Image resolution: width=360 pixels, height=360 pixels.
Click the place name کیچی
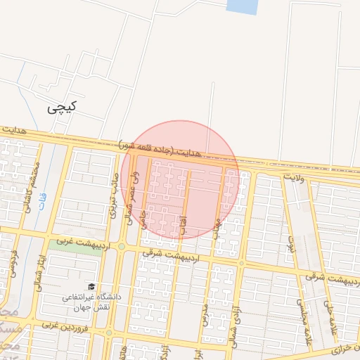[x=62, y=108]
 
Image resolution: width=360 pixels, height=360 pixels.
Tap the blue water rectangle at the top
[x=242, y=6]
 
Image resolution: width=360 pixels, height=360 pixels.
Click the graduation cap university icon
[x=91, y=287]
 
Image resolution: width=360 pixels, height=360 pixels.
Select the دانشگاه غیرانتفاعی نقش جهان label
[x=91, y=302]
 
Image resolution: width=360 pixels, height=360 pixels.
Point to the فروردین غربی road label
[x=67, y=326]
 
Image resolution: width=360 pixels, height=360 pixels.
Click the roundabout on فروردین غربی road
[x=108, y=332]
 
